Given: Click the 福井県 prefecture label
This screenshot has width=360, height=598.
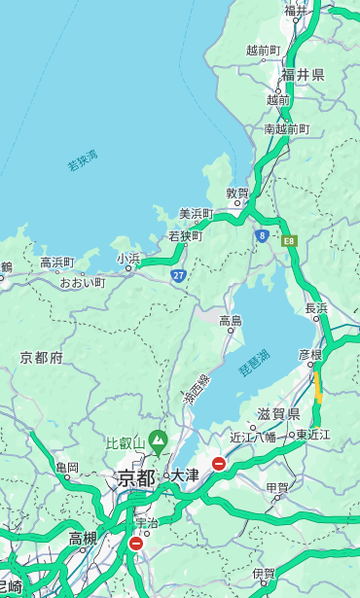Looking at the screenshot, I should point(304,75).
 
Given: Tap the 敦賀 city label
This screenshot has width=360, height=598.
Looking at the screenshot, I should point(237,193).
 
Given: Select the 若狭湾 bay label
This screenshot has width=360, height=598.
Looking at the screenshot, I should point(83,160).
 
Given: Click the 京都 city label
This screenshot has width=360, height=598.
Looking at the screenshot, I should point(136,477).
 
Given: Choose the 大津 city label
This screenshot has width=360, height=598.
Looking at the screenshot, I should point(185,475).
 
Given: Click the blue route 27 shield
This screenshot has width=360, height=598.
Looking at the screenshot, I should point(178,276).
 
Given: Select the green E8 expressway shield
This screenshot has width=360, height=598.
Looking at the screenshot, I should point(289,240).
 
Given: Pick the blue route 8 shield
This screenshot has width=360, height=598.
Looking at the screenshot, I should point(262,235).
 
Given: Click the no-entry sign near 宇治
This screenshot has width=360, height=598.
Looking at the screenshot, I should point(135,544).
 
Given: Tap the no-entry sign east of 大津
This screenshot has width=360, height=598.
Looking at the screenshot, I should point(219,464).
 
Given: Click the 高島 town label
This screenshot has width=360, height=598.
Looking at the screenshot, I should point(231,321).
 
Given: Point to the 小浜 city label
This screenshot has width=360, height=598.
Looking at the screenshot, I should point(128,259).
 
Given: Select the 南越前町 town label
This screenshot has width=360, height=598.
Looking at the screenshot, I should point(286,128).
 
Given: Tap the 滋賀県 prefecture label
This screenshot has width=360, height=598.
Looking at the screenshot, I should point(278,413).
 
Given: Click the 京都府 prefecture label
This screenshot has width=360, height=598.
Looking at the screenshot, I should point(42,358).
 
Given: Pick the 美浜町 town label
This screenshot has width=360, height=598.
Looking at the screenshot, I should point(197,213).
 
